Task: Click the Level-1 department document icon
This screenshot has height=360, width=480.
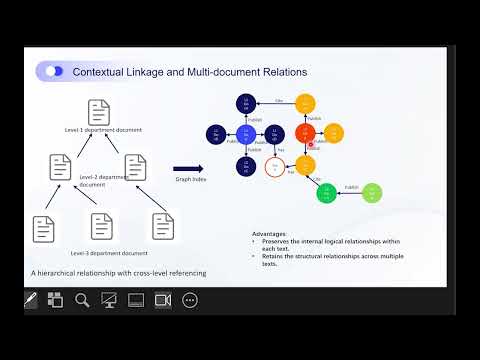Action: point(98,111)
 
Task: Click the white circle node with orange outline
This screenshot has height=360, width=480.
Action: point(275,168)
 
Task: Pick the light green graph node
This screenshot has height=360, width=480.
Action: point(372,191)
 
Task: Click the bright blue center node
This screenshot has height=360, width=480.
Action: point(246,134)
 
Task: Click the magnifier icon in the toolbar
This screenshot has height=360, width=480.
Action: point(82,299)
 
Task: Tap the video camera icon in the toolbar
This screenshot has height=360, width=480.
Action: point(163,299)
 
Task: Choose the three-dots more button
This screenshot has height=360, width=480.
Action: point(190,299)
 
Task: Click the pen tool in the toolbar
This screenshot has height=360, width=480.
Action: point(30,299)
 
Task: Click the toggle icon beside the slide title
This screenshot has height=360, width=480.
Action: point(54,71)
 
